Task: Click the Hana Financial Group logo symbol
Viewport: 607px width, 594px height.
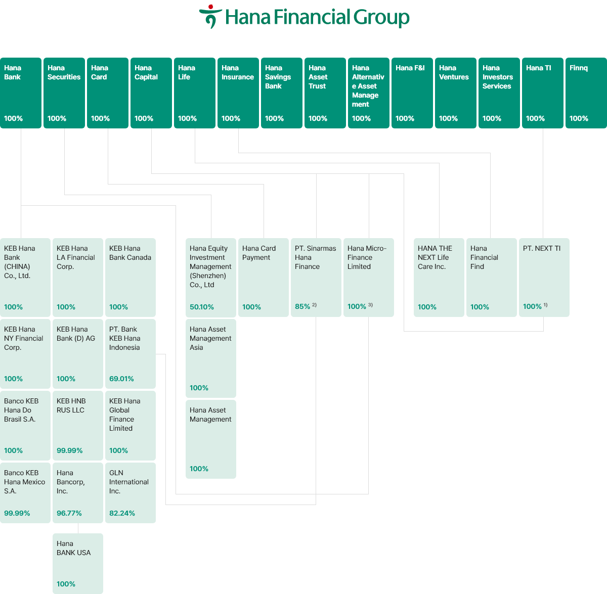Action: (x=210, y=16)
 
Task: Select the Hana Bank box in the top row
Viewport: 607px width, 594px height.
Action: (x=21, y=93)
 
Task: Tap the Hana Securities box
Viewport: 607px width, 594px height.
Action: (x=64, y=93)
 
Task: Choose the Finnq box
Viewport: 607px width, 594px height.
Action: (x=586, y=93)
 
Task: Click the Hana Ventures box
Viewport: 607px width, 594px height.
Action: (x=455, y=93)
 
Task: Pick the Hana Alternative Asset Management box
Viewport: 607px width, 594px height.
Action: (x=368, y=93)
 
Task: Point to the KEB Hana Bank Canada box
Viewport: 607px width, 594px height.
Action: (x=130, y=277)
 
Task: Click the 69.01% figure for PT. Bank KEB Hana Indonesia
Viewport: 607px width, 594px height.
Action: (x=121, y=379)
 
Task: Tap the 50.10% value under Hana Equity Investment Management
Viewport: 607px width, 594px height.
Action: (x=202, y=307)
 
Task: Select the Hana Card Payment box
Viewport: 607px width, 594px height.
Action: (x=263, y=277)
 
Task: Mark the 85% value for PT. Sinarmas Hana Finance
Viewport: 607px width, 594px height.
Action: (x=302, y=306)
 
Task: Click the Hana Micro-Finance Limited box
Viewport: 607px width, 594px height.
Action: (x=368, y=277)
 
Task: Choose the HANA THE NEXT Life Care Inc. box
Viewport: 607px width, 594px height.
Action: (x=439, y=277)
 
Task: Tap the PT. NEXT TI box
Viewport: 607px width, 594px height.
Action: (x=544, y=277)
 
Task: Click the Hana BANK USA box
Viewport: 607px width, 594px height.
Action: (x=78, y=563)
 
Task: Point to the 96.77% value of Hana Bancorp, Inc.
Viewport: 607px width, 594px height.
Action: (x=69, y=513)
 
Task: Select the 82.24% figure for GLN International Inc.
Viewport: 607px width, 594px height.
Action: (x=122, y=513)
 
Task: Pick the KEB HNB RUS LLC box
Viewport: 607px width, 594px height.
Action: (x=78, y=425)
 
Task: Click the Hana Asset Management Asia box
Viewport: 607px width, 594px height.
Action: (x=210, y=358)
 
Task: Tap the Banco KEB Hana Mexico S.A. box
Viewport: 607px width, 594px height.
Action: (x=25, y=492)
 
